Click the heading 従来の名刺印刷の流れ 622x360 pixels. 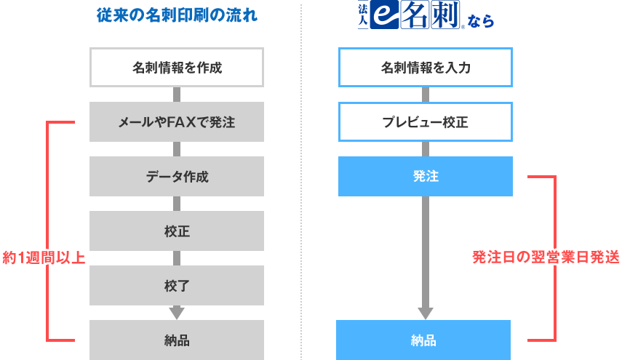[x=177, y=15]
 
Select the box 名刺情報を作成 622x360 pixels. [x=177, y=68]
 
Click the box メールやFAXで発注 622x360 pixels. [x=177, y=122]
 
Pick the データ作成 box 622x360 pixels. [x=177, y=177]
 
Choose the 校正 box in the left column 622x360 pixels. [x=177, y=231]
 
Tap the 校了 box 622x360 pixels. [x=177, y=285]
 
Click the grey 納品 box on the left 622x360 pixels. [x=177, y=340]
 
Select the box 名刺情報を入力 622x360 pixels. [x=426, y=68]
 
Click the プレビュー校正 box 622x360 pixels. [x=426, y=122]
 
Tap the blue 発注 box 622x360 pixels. [x=426, y=177]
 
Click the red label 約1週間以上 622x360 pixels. [x=44, y=257]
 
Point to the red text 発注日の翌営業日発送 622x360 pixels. [x=546, y=257]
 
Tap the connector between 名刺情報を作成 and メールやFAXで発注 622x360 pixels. [x=177, y=95]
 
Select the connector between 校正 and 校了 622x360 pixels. [x=177, y=258]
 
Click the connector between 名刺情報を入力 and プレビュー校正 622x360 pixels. [x=426, y=95]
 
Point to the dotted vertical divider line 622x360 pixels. [x=301, y=182]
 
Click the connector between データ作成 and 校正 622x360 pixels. [x=177, y=204]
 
